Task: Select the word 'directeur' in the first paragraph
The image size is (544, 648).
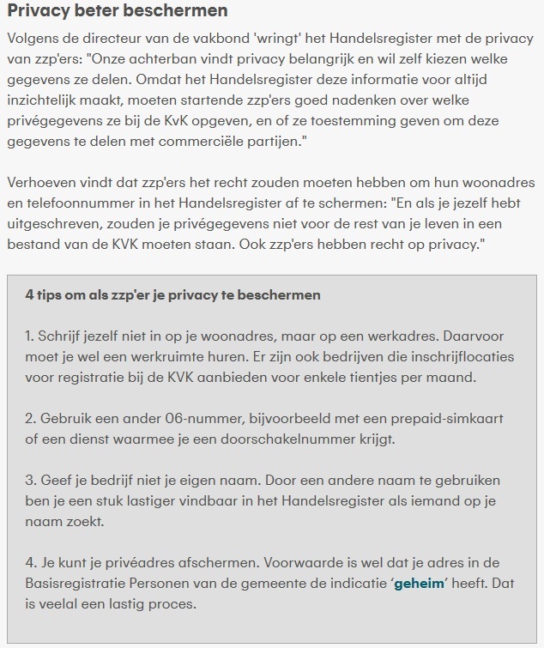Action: click(115, 41)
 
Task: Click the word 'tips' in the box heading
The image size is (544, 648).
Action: click(52, 295)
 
